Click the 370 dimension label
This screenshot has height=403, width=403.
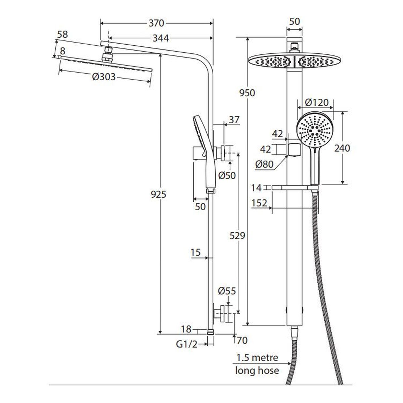point(156,23)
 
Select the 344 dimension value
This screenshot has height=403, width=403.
point(161,38)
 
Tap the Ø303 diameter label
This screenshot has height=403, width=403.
point(104,77)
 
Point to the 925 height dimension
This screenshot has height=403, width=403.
point(159,194)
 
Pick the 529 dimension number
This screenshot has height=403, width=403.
point(237,236)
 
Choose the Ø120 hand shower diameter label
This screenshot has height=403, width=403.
point(317,102)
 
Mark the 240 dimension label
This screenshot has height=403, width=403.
point(342,148)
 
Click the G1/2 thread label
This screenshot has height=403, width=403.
point(187,345)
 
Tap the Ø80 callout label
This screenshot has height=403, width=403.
point(264,164)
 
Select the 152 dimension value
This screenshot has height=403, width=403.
point(259,203)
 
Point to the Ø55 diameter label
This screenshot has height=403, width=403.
point(227,291)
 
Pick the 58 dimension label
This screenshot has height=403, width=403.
point(62,35)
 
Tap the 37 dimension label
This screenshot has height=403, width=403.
point(234,120)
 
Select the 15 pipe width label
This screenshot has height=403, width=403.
point(195,253)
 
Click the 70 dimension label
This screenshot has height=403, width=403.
point(242,341)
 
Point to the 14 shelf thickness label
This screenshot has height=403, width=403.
point(256,188)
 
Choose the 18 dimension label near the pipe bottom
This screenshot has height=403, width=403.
point(186,329)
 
